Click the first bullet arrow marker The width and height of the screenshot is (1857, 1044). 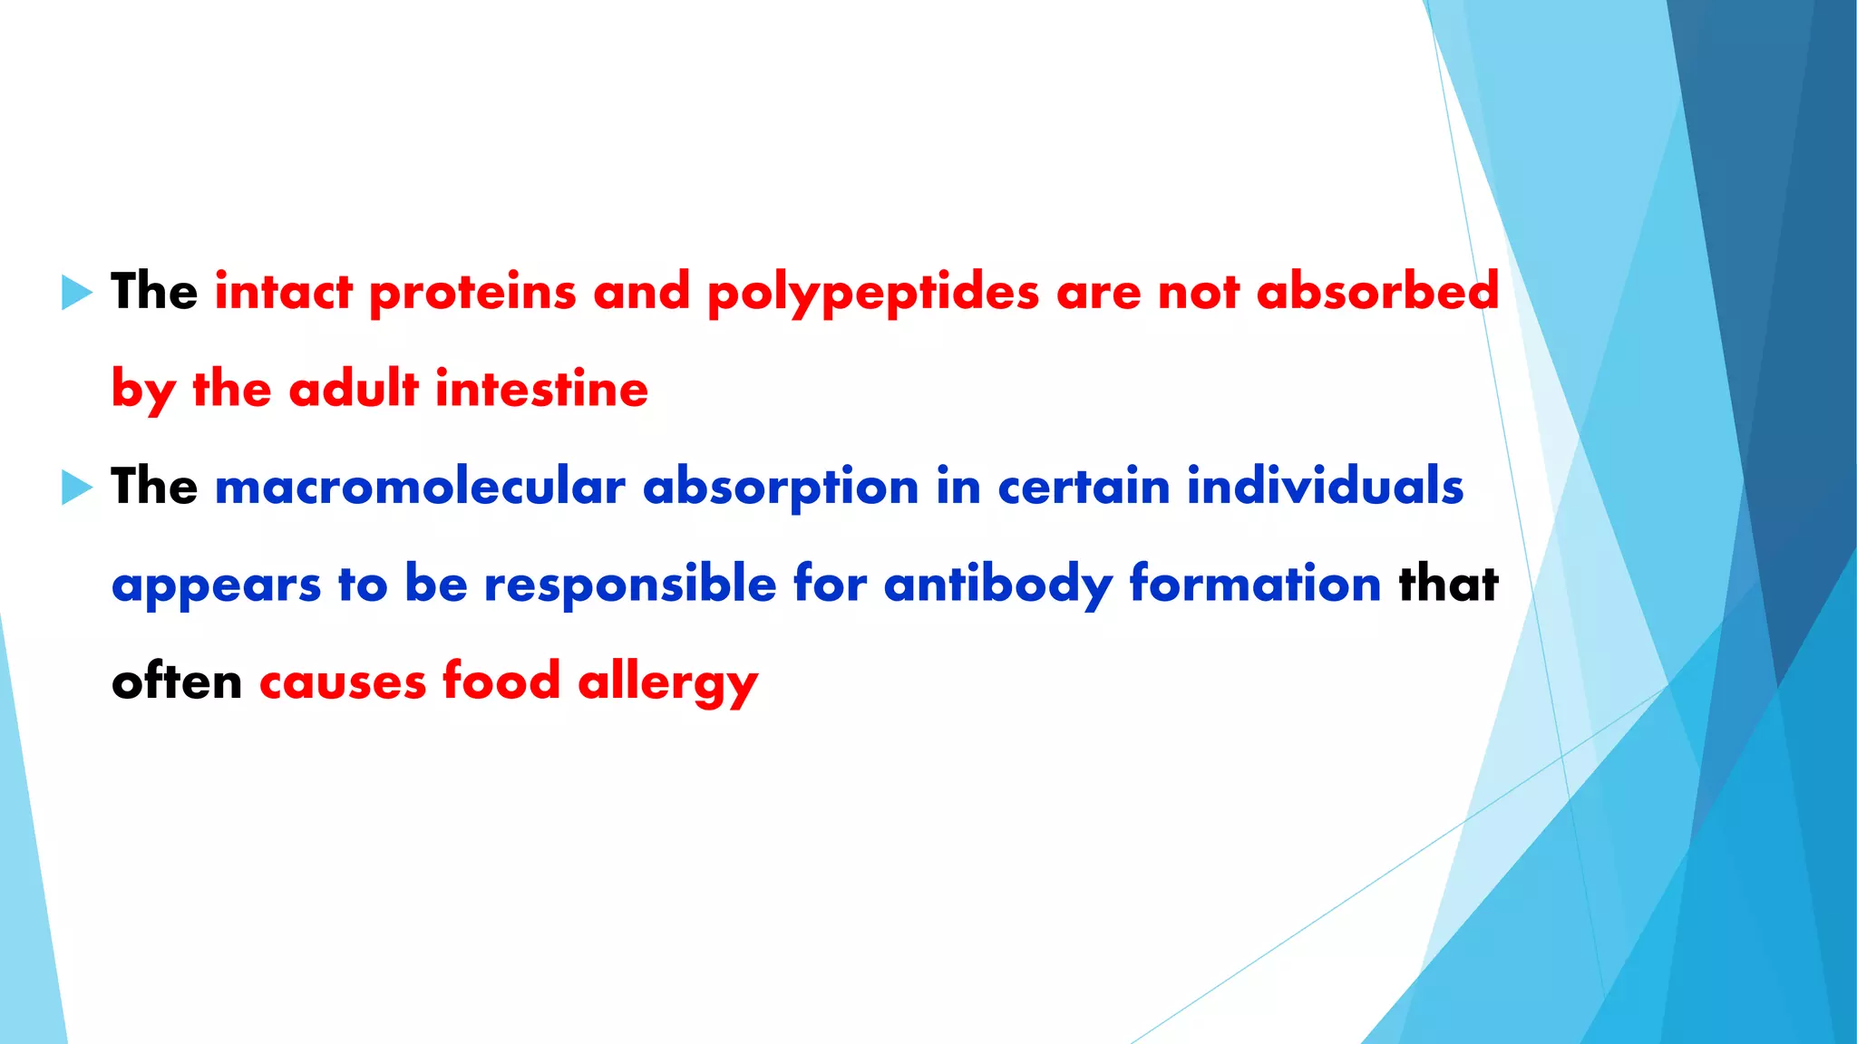click(77, 293)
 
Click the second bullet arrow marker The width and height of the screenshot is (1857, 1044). click(77, 488)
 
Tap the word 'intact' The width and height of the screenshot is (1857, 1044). click(284, 292)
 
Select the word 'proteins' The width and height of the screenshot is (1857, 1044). click(472, 294)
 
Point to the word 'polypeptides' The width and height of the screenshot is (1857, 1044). click(872, 294)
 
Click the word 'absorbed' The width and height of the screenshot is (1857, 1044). click(1377, 292)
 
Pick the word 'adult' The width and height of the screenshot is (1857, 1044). click(354, 389)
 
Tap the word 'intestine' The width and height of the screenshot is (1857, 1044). click(541, 389)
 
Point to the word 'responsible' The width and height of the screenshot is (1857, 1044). click(630, 584)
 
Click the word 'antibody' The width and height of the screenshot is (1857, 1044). click(997, 585)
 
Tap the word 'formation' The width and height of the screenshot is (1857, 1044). click(1255, 584)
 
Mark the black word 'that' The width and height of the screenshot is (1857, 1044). click(1448, 584)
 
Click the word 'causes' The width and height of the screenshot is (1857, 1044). click(342, 681)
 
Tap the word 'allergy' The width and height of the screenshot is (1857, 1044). click(667, 682)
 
